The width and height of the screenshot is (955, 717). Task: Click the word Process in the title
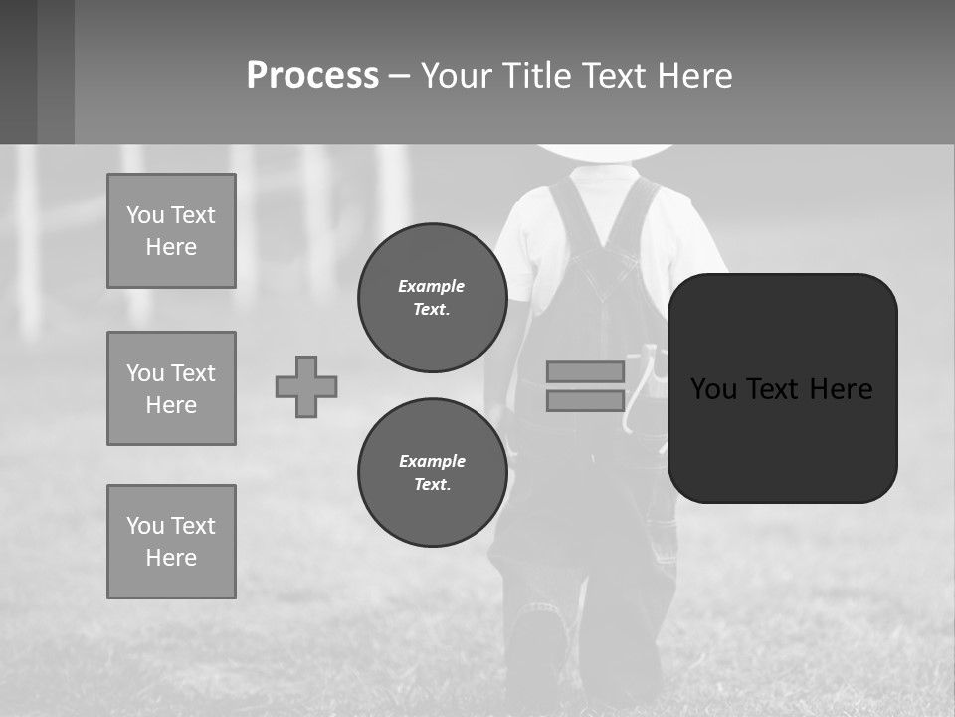tap(312, 76)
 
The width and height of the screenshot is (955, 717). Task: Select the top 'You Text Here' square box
tap(171, 231)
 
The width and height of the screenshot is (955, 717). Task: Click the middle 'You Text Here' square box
tap(171, 388)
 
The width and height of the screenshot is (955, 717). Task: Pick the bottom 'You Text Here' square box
tap(171, 542)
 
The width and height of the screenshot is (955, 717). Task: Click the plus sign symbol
tap(306, 386)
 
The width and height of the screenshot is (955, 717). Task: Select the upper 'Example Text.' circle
tap(432, 297)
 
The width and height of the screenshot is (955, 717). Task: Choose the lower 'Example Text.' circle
tap(432, 472)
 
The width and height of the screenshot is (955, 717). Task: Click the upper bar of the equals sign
tap(585, 371)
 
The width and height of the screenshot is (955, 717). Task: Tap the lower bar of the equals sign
tap(585, 401)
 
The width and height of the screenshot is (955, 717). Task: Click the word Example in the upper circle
tap(431, 286)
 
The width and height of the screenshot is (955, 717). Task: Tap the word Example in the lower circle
tap(432, 461)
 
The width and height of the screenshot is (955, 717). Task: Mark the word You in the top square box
tap(145, 215)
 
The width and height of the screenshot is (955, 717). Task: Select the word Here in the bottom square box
tap(171, 558)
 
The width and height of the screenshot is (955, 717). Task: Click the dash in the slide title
tap(398, 76)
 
